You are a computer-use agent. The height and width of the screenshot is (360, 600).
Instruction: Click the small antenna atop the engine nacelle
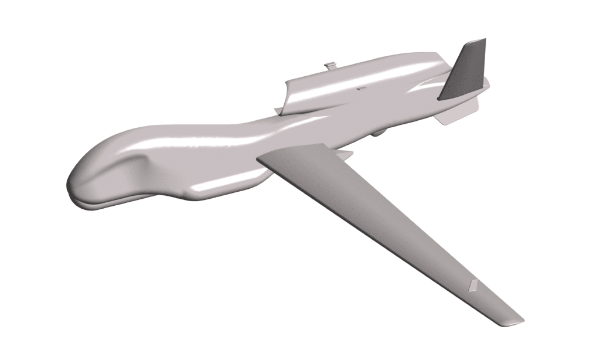[x=330, y=64]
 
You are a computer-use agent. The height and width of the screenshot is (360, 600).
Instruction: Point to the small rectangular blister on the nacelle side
[x=361, y=89]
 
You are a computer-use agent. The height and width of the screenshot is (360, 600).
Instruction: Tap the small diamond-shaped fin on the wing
[x=473, y=286]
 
